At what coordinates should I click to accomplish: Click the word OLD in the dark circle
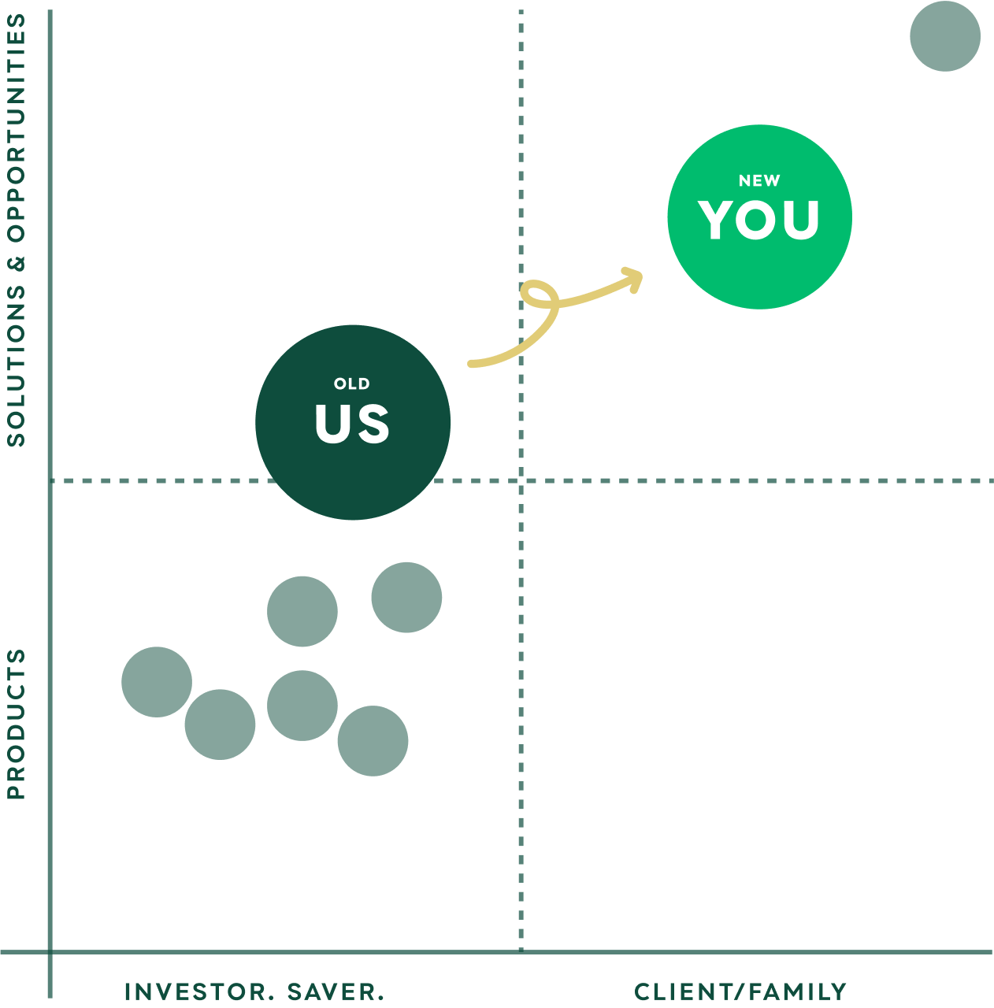[x=351, y=384]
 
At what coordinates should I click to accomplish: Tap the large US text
[x=352, y=424]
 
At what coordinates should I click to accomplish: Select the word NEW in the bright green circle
[x=759, y=181]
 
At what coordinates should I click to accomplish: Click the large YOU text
[x=759, y=220]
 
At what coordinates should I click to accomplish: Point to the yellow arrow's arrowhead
[x=635, y=278]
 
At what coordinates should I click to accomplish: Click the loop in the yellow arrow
[x=539, y=297]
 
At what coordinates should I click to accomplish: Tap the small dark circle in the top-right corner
[x=944, y=36]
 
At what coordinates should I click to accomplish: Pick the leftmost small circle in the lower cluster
[x=157, y=682]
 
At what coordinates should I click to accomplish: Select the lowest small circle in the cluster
[x=373, y=741]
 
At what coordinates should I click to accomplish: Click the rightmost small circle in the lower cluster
[x=406, y=597]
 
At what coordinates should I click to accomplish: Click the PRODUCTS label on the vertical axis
[x=17, y=724]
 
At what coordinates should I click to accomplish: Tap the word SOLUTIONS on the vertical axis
[x=17, y=366]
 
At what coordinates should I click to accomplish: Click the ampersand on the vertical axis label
[x=17, y=262]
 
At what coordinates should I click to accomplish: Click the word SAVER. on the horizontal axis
[x=336, y=991]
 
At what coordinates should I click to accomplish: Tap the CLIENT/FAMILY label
[x=740, y=991]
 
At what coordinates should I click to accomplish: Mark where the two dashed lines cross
[x=521, y=480]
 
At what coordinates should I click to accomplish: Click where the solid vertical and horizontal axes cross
[x=50, y=952]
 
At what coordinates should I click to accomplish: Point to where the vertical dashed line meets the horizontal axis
[x=521, y=952]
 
